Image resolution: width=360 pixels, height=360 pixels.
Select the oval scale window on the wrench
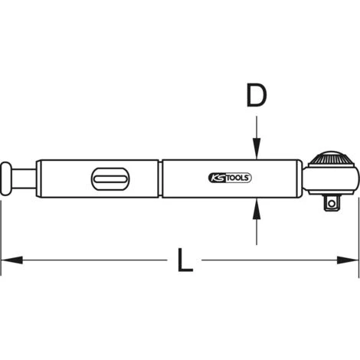pyautogui.click(x=109, y=179)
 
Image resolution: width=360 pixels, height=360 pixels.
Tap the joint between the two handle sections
pyautogui.click(x=161, y=178)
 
